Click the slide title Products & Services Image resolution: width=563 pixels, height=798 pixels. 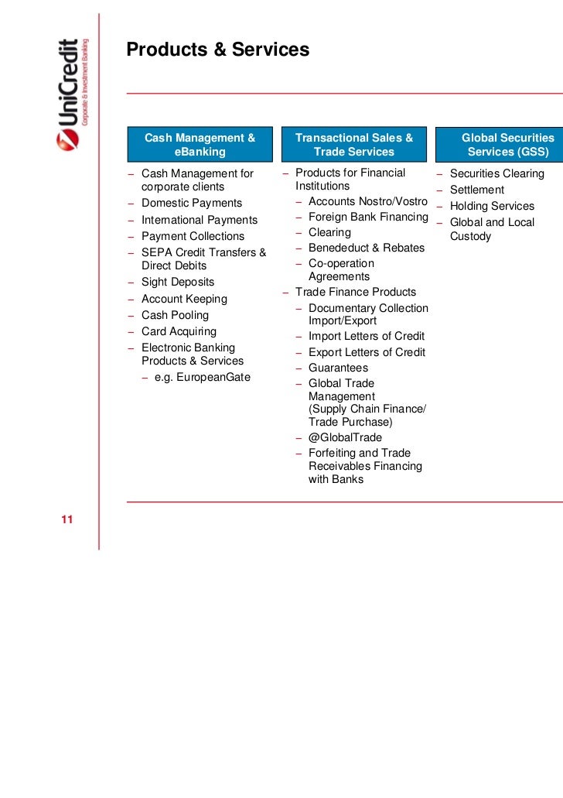pos(217,50)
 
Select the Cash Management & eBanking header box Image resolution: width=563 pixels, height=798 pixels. pos(200,145)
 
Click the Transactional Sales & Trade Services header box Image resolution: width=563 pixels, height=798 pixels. pos(354,145)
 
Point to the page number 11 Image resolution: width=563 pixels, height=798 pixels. pos(67,519)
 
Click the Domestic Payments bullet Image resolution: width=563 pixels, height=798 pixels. pos(191,204)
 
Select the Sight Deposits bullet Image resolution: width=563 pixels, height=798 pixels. pos(178,283)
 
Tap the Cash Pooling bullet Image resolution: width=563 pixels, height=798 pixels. pos(175,316)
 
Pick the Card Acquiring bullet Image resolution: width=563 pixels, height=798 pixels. pos(179,332)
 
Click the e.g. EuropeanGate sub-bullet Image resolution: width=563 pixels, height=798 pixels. pos(203,378)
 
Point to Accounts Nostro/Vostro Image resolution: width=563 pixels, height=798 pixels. pos(367,202)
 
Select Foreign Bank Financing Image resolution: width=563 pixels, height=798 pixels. pos(368,217)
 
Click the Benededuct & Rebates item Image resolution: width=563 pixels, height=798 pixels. pos(366,248)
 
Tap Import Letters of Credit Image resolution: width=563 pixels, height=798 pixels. pos(366,337)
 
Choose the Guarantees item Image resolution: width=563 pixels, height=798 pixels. pos(338,368)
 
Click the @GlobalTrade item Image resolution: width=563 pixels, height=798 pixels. pos(345,438)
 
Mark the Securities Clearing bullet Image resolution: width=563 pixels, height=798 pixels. pos(496,174)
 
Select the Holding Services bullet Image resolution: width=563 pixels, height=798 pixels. pos(492,207)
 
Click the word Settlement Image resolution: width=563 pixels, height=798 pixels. pos(476,190)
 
